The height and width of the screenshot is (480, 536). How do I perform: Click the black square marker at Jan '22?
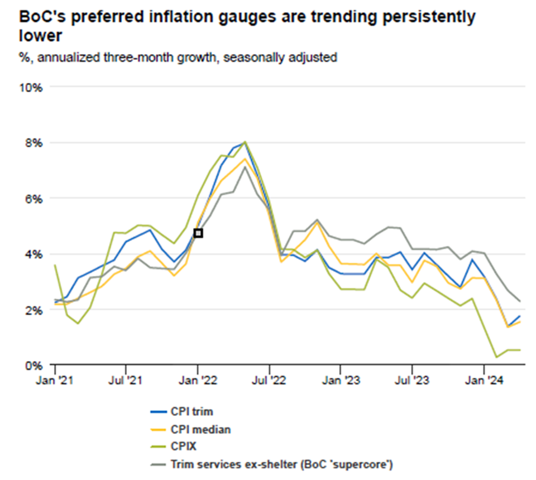point(198,233)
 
